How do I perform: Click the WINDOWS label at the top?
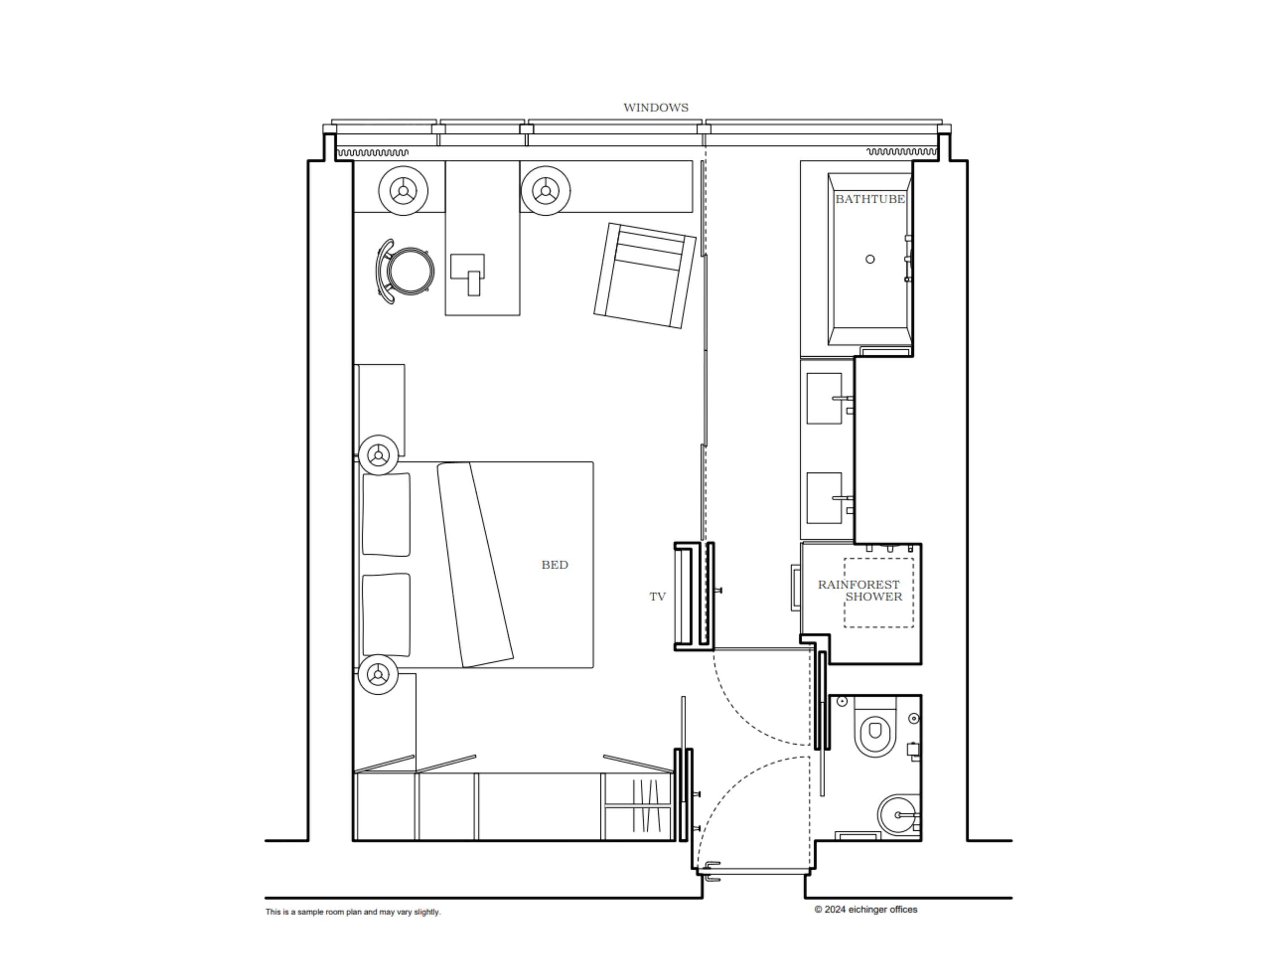(655, 107)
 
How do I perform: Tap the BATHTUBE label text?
(869, 199)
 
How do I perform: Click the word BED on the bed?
(554, 565)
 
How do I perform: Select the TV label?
(657, 597)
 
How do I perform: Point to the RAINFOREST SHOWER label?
(859, 590)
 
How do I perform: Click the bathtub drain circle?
(869, 260)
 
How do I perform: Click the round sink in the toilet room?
(896, 815)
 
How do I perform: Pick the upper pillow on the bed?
(386, 514)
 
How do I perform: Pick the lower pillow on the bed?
(386, 615)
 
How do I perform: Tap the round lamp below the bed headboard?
(378, 674)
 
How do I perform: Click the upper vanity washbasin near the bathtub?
(824, 398)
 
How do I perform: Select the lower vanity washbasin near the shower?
(824, 498)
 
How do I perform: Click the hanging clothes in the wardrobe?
(645, 806)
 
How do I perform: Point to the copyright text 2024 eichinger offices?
(866, 909)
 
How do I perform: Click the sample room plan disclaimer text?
(353, 912)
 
